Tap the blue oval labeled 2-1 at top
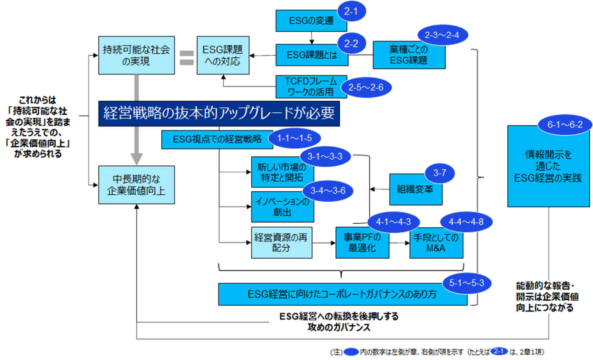click(352, 11)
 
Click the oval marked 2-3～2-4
click(442, 35)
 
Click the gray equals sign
click(186, 58)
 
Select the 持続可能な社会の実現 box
click(136, 55)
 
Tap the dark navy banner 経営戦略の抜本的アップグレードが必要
click(219, 114)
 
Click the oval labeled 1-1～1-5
click(295, 138)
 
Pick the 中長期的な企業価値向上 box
click(136, 185)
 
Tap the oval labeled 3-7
click(439, 173)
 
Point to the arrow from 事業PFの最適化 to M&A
click(399, 243)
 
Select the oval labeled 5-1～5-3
click(466, 283)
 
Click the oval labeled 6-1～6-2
click(565, 125)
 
